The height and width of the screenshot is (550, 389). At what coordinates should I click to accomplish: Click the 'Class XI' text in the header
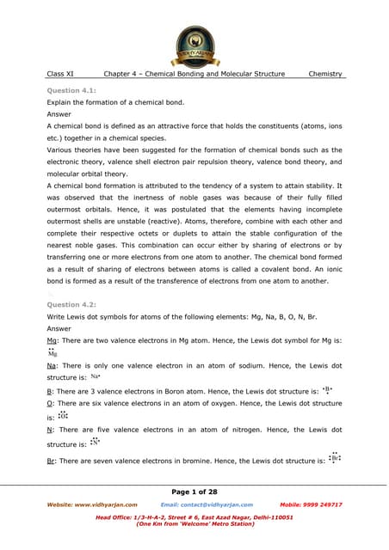point(60,75)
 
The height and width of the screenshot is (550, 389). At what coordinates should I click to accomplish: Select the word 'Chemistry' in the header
point(325,75)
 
